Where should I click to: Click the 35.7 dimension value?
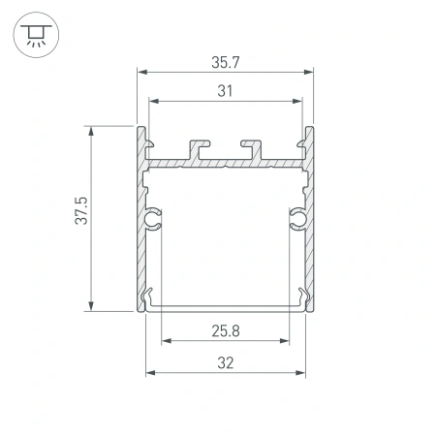pyautogui.click(x=226, y=62)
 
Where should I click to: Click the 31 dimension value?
pyautogui.click(x=226, y=91)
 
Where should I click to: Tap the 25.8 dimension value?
pyautogui.click(x=227, y=330)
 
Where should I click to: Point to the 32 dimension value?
pyautogui.click(x=227, y=363)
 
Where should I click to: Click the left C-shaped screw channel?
pyautogui.click(x=153, y=222)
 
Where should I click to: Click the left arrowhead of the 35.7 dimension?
pyautogui.click(x=140, y=71)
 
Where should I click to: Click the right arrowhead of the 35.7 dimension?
pyautogui.click(x=313, y=71)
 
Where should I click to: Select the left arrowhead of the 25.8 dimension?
pyautogui.click(x=166, y=341)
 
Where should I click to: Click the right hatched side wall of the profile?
pyautogui.click(x=312, y=242)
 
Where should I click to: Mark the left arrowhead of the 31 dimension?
pyautogui.click(x=151, y=100)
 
